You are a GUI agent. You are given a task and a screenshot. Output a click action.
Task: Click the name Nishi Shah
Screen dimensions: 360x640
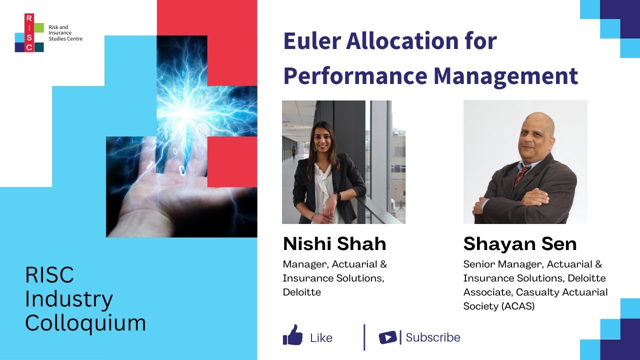point(334,244)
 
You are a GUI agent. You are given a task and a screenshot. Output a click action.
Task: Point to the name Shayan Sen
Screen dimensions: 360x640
point(520,244)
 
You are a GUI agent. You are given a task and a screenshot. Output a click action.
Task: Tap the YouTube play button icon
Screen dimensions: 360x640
point(387,337)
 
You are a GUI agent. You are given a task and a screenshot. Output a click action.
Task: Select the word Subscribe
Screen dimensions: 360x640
point(433,337)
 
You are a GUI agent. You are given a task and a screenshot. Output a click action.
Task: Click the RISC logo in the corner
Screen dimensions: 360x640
point(29,33)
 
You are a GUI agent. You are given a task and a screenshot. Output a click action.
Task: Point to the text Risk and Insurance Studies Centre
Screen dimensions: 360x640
point(65,32)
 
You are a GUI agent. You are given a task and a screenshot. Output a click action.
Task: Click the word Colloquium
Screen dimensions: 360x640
point(85,323)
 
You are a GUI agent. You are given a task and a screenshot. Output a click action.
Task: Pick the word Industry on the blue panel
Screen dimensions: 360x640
point(69,299)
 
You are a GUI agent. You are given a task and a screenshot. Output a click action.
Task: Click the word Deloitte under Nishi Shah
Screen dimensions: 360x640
point(301,292)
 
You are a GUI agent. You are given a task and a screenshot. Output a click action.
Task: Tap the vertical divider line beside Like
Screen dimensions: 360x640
point(364,337)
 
